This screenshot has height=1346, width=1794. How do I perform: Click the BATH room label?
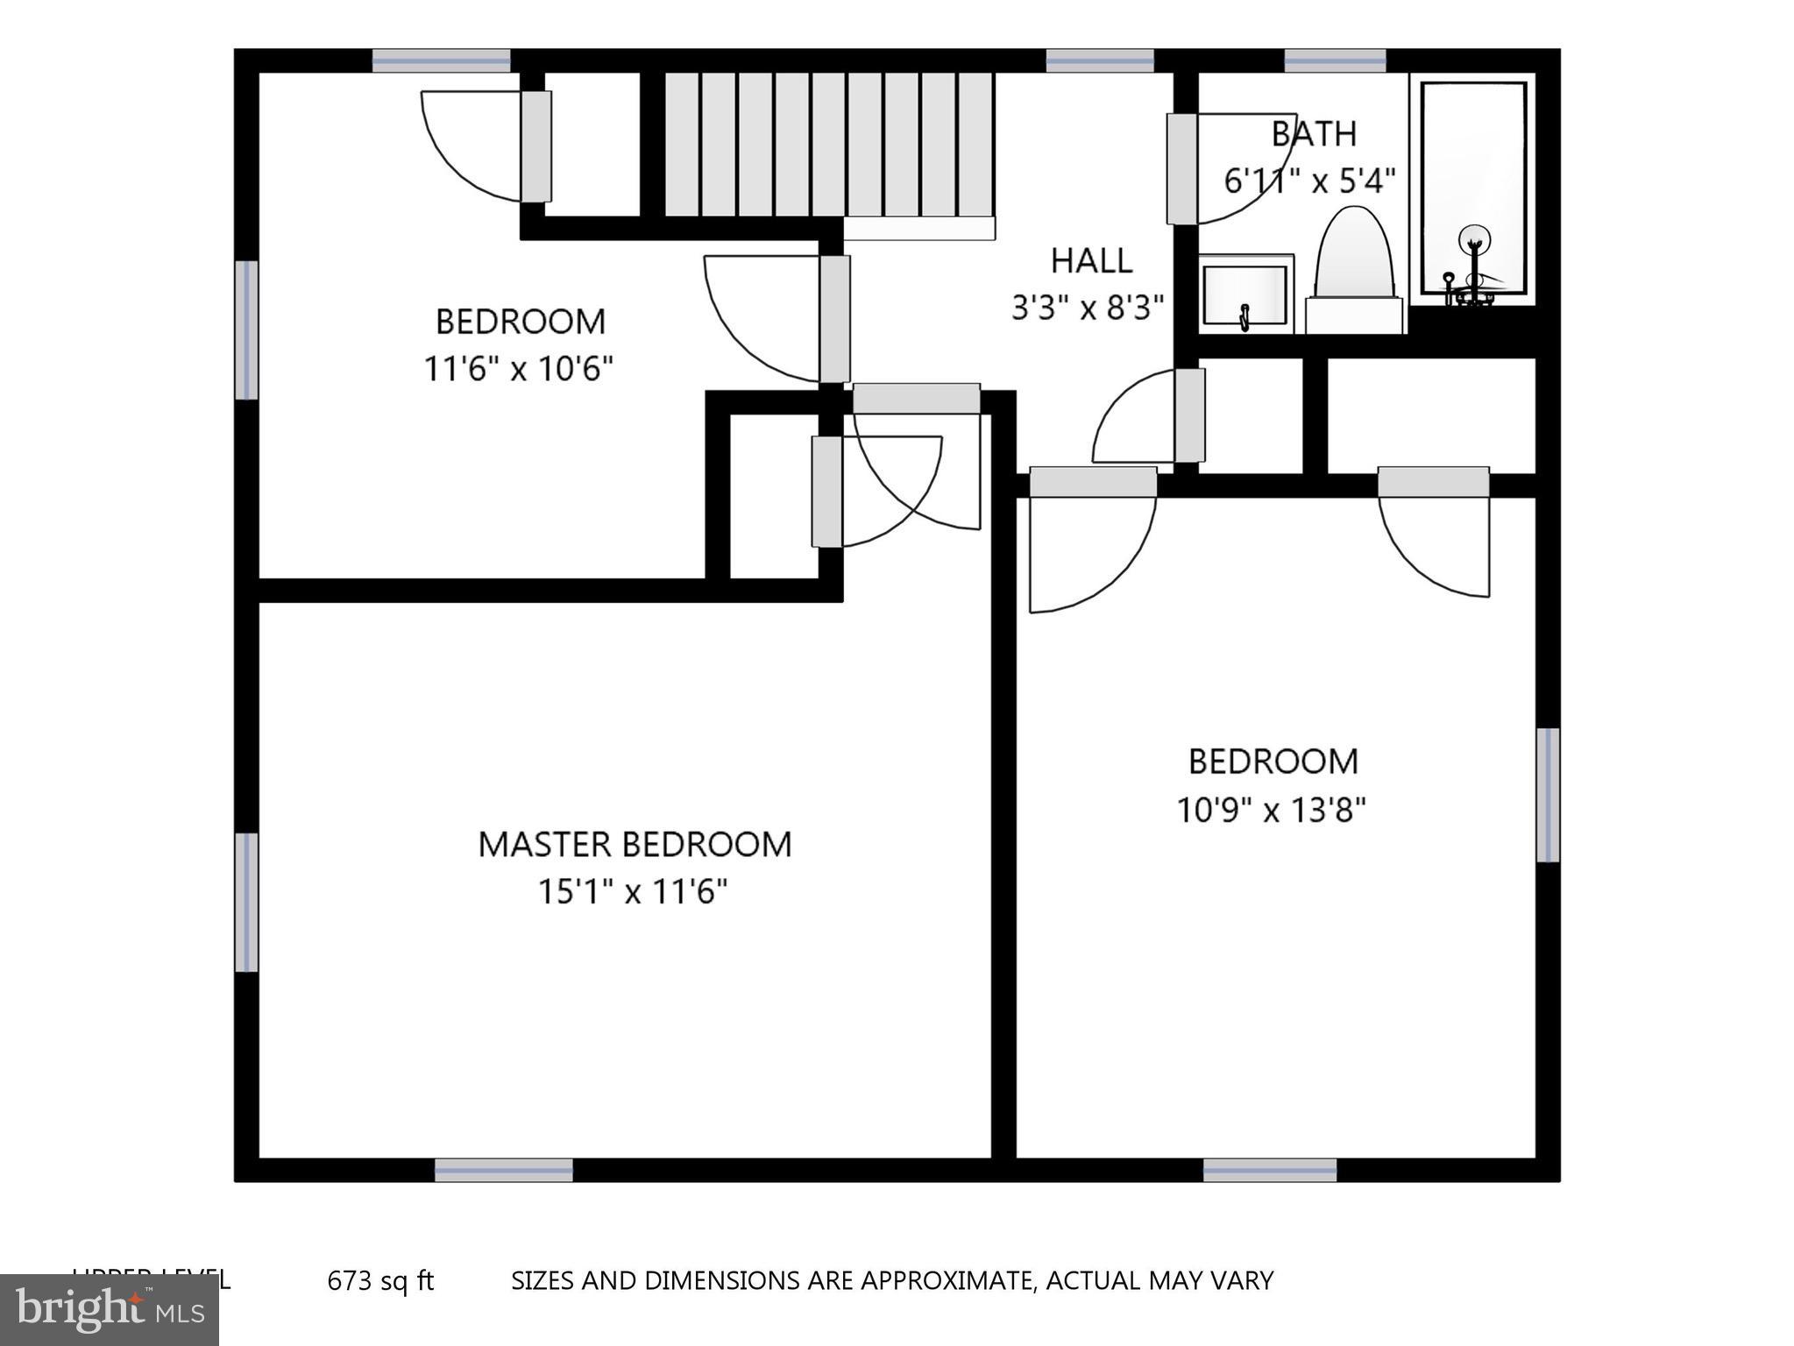pyautogui.click(x=1314, y=134)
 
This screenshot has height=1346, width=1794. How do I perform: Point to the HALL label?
pyautogui.click(x=1091, y=260)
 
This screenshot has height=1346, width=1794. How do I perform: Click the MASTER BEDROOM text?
pyautogui.click(x=635, y=844)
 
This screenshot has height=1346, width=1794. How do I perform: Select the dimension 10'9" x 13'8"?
pyautogui.click(x=1271, y=811)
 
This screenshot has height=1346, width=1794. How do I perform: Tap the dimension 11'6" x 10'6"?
pyautogui.click(x=518, y=369)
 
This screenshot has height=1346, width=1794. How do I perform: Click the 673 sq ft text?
pyautogui.click(x=380, y=1280)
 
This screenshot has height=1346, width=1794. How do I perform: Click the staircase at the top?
pyautogui.click(x=828, y=145)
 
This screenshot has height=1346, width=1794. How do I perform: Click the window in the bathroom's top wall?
pyautogui.click(x=1335, y=60)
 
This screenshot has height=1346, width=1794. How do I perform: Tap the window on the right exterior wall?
pyautogui.click(x=1548, y=795)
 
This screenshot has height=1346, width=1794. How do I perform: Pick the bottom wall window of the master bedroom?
pyautogui.click(x=504, y=1170)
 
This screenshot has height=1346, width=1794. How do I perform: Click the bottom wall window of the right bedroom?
pyautogui.click(x=1270, y=1170)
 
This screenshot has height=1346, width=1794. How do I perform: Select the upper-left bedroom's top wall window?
pyautogui.click(x=441, y=60)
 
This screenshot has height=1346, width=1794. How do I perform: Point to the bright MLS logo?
pyautogui.click(x=110, y=1310)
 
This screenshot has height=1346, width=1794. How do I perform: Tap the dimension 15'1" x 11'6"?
pyautogui.click(x=633, y=892)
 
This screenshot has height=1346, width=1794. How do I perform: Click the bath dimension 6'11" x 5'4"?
pyautogui.click(x=1309, y=181)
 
